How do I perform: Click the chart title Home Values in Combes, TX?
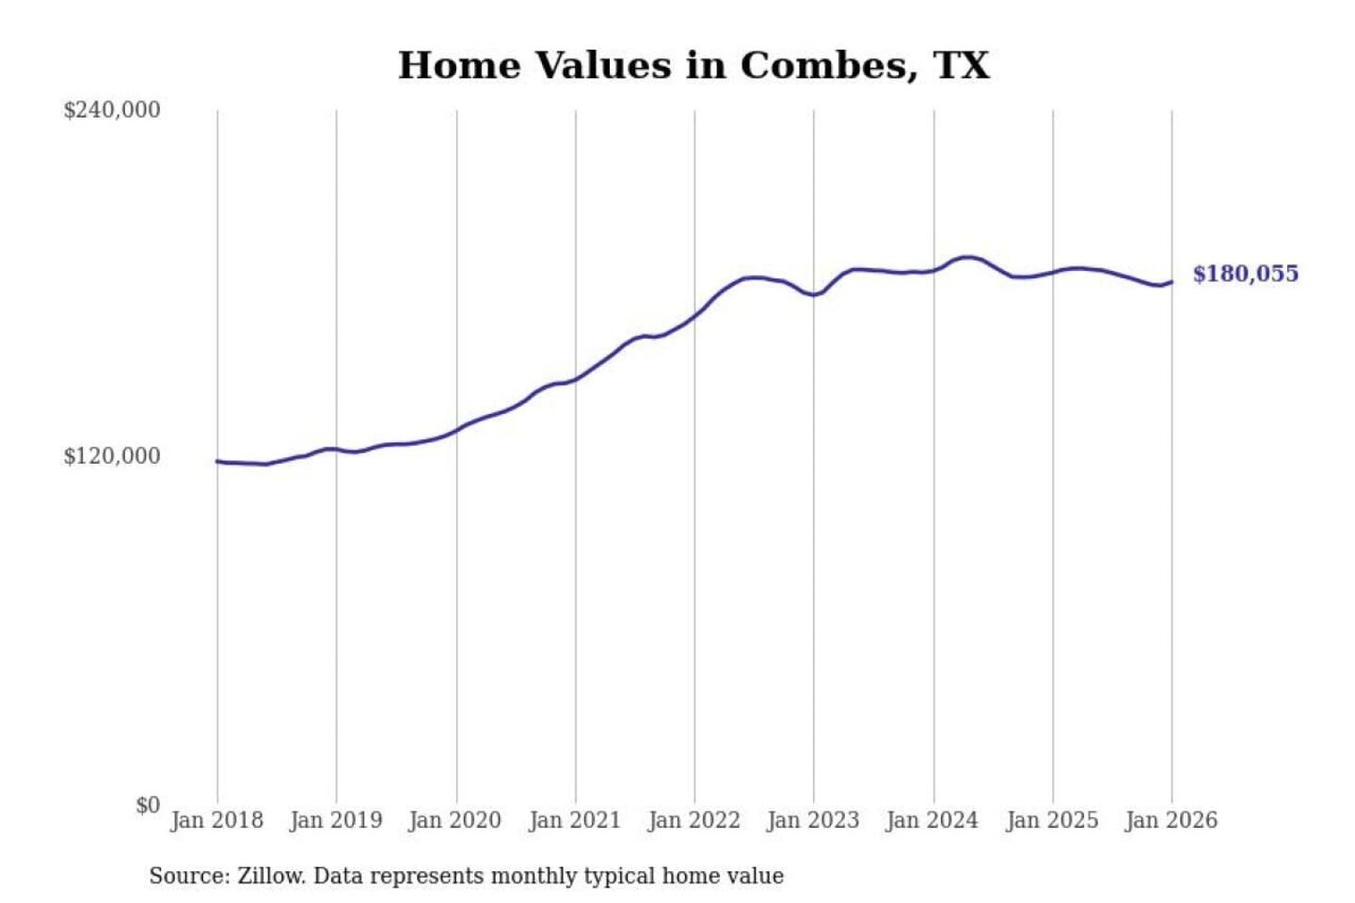[x=693, y=66]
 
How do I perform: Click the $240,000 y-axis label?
[x=111, y=110]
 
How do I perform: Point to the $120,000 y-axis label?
[x=111, y=456]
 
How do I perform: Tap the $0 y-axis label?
[x=147, y=805]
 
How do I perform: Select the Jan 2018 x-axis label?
[x=216, y=820]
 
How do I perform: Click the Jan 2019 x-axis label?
[x=336, y=820]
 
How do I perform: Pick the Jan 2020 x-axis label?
[x=455, y=820]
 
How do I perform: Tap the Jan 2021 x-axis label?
[x=575, y=820]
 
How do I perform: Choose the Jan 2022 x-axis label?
[x=694, y=820]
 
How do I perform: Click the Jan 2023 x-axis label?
[x=814, y=820]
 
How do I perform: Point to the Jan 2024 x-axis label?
[x=933, y=820]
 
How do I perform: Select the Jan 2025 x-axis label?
[x=1052, y=820]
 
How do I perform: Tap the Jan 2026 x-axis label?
[x=1172, y=820]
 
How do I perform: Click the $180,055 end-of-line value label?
[x=1245, y=274]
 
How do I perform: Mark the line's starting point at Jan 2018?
[x=217, y=461]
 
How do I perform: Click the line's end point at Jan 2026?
[x=1172, y=282]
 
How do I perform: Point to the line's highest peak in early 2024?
[x=966, y=257]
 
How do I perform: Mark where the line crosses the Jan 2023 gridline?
[x=814, y=294]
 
